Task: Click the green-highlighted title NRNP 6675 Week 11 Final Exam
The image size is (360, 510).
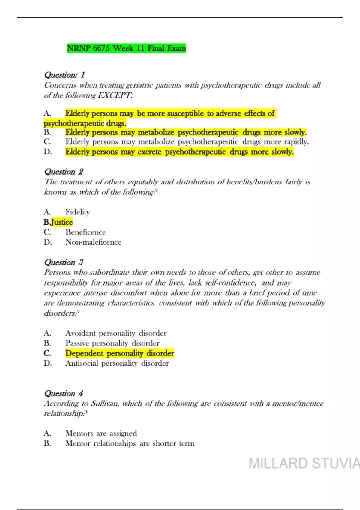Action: [126, 48]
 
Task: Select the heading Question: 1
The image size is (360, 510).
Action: [64, 75]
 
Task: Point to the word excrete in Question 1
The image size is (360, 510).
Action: [149, 152]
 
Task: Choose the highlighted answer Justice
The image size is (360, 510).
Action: [61, 222]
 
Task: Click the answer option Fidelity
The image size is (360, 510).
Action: [78, 212]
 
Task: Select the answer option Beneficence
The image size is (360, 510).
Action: [85, 232]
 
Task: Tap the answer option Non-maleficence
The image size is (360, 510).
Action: [93, 242]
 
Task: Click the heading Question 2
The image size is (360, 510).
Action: [64, 172]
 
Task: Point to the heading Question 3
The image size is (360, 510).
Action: [64, 262]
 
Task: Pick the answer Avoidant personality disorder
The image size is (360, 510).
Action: [116, 333]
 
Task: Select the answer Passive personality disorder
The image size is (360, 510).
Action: [112, 343]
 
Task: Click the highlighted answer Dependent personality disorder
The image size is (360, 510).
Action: [120, 353]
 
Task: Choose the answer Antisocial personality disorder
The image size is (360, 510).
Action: [117, 364]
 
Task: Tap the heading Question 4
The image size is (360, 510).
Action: [64, 393]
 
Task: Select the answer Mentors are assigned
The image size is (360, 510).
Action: [101, 433]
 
